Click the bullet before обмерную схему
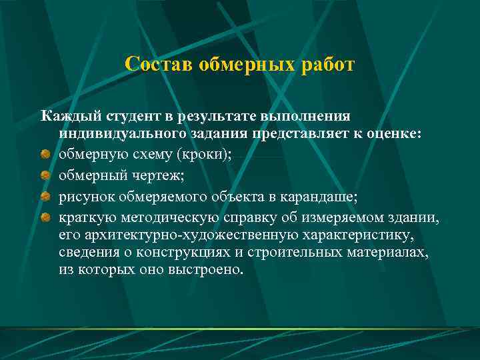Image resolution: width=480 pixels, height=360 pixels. coord(45,154)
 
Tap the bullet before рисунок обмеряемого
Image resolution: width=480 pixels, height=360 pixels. coord(45,197)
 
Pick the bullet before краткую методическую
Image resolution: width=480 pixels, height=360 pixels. coord(45,217)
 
